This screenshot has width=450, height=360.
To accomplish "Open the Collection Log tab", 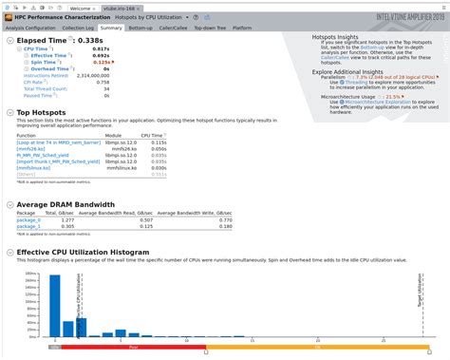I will (79, 28).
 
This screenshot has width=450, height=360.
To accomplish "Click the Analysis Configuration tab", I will (30, 28).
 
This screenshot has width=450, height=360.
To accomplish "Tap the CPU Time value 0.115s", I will (153, 142).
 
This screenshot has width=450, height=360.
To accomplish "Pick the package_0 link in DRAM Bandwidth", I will (28, 219).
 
